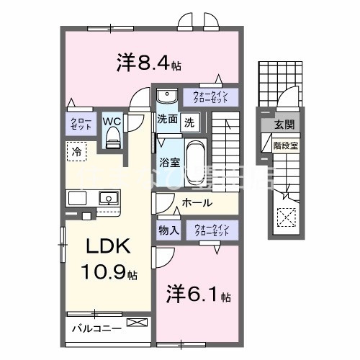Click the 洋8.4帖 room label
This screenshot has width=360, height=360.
coord(148,63)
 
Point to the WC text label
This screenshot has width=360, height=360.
coord(111,121)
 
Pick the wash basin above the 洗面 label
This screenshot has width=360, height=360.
coord(167,96)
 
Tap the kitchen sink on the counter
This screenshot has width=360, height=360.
coord(108,197)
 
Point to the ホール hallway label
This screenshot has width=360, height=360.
coord(197,203)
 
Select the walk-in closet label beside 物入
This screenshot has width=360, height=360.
coord(211,230)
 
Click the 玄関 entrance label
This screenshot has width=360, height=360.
coord(286,125)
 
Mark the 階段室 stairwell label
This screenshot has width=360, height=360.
coord(286,144)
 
